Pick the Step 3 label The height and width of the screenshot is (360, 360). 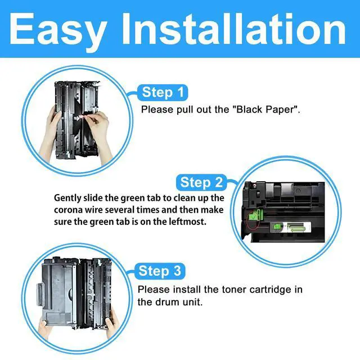tap(161, 272)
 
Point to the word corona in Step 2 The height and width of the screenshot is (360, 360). tap(71, 210)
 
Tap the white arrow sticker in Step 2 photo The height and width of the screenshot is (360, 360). tap(296, 228)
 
